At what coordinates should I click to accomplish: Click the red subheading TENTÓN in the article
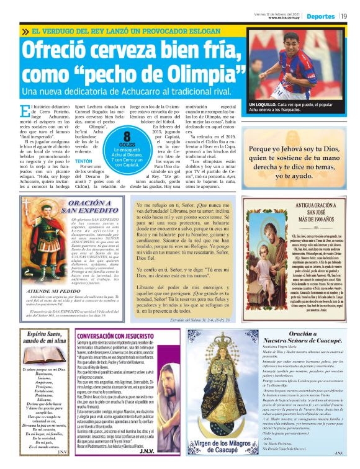click(x=84, y=160)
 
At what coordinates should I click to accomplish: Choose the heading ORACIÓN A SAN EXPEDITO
click(x=89, y=206)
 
